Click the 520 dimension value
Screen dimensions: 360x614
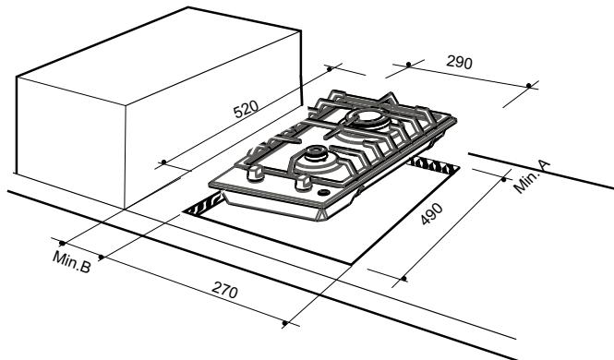pyautogui.click(x=245, y=114)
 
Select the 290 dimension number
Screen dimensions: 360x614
pyautogui.click(x=459, y=64)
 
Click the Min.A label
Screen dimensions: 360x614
pyautogui.click(x=533, y=174)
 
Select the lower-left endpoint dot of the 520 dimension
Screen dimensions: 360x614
pyautogui.click(x=163, y=162)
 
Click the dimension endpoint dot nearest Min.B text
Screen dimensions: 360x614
pyautogui.click(x=61, y=243)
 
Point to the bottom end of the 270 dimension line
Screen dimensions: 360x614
pyautogui.click(x=284, y=325)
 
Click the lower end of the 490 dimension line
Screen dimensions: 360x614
pyautogui.click(x=404, y=276)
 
